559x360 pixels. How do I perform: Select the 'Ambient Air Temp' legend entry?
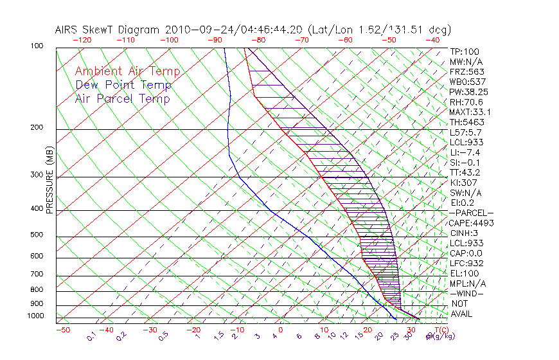point(127,71)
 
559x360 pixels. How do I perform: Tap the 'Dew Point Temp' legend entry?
point(123,85)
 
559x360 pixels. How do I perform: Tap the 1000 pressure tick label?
point(36,316)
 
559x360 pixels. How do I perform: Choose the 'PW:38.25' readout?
point(468,92)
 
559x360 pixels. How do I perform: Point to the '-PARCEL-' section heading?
point(471,213)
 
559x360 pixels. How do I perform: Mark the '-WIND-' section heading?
point(466,293)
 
